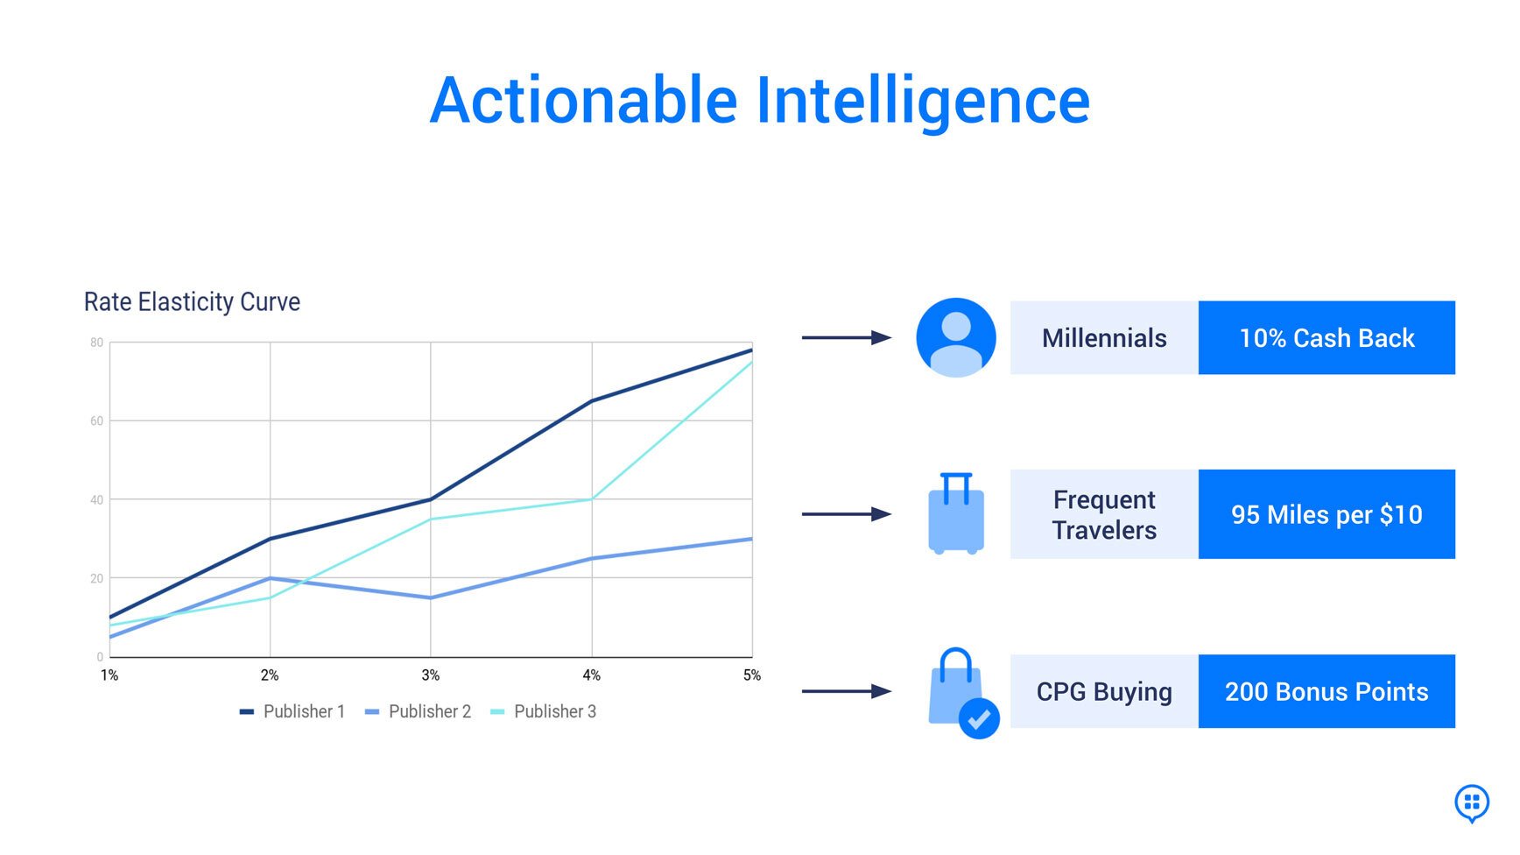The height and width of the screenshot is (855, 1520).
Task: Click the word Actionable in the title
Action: click(x=584, y=101)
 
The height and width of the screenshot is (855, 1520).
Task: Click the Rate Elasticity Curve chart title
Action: click(x=192, y=302)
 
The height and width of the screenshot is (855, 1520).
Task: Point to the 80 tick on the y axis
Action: click(x=96, y=343)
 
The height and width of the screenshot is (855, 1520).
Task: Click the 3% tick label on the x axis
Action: click(x=430, y=675)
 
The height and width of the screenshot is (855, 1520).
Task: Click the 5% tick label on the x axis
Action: click(x=751, y=675)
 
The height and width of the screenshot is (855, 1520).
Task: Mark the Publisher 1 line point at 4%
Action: click(x=592, y=401)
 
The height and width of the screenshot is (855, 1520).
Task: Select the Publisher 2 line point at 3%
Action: click(x=430, y=597)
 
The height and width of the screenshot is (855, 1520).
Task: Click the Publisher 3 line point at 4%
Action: click(x=592, y=499)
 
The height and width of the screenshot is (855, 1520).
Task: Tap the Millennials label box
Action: click(x=1103, y=338)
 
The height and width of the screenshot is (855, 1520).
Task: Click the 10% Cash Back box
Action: click(x=1326, y=338)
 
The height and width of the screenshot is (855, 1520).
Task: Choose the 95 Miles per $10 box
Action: click(x=1326, y=514)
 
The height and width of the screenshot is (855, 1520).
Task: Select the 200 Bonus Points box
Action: click(x=1326, y=691)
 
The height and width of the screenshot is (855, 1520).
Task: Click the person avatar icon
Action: click(x=955, y=337)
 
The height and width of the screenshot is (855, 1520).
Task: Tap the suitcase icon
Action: click(x=955, y=515)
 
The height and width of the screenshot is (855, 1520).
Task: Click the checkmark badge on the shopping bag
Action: click(x=979, y=718)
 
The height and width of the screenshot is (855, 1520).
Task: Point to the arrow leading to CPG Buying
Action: click(x=846, y=691)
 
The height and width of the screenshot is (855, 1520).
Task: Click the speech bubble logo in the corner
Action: click(x=1471, y=802)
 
